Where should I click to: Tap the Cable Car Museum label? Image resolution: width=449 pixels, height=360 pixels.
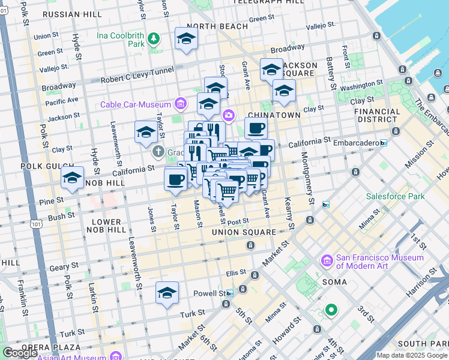tap(136, 104)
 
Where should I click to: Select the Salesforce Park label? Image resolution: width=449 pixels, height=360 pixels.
tap(396, 196)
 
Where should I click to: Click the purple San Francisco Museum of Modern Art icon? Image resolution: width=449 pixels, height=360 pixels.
tap(327, 261)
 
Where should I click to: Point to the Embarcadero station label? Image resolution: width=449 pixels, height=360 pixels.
tap(360, 143)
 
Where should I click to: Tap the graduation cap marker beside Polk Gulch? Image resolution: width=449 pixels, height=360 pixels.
tap(72, 178)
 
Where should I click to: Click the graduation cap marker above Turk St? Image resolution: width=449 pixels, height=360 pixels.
tap(167, 293)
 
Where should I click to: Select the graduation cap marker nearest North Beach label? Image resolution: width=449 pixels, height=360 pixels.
tap(186, 39)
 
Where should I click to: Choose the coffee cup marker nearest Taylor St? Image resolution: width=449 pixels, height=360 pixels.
tap(176, 179)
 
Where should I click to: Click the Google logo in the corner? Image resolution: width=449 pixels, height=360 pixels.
tap(20, 353)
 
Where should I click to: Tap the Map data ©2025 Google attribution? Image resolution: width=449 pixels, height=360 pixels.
tap(411, 355)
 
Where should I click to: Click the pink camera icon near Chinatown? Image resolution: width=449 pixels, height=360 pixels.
tap(228, 115)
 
